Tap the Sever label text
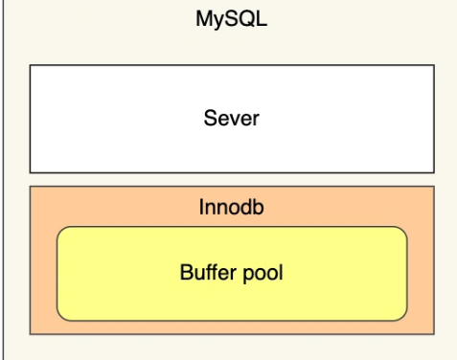pyautogui.click(x=231, y=120)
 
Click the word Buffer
pyautogui.click(x=203, y=272)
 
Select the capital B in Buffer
pyautogui.click(x=186, y=272)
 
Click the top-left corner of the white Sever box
pyautogui.click(x=30, y=65)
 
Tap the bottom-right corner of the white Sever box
pyautogui.click(x=434, y=172)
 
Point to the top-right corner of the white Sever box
pyautogui.click(x=434, y=65)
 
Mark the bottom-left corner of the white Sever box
pyautogui.click(x=30, y=172)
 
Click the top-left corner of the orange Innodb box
pyautogui.click(x=30, y=186)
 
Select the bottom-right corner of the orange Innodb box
pyautogui.click(x=434, y=334)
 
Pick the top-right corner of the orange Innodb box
pyautogui.click(x=434, y=186)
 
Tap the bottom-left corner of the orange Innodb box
pyautogui.click(x=30, y=334)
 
